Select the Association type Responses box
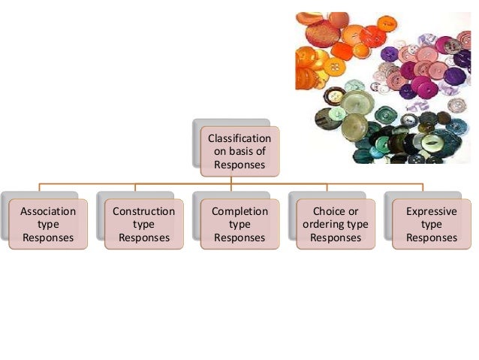pyautogui.click(x=47, y=225)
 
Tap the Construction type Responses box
pyautogui.click(x=143, y=225)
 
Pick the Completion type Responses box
pyautogui.click(x=239, y=225)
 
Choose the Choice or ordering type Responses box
pyautogui.click(x=335, y=225)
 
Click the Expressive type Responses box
pyautogui.click(x=431, y=225)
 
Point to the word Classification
pyautogui.click(x=239, y=139)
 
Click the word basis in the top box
pyautogui.click(x=242, y=152)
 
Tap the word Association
pyautogui.click(x=47, y=212)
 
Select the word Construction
pyautogui.click(x=143, y=212)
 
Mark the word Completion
pyautogui.click(x=239, y=212)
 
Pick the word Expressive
pyautogui.click(x=431, y=212)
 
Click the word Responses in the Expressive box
pyautogui.click(x=431, y=237)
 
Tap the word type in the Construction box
pyautogui.click(x=143, y=225)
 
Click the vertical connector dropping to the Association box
pyautogui.click(x=40, y=188)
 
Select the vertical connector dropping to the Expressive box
pyautogui.click(x=423, y=188)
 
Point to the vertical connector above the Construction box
pyautogui.click(x=135, y=188)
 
